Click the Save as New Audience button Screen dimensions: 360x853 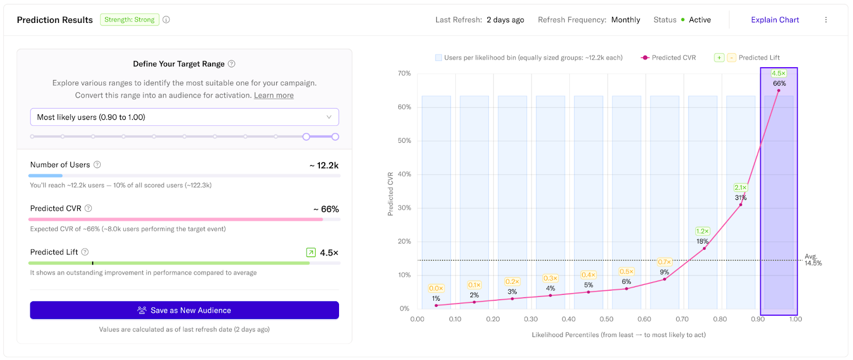tap(184, 310)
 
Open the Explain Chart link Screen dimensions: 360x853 tap(775, 20)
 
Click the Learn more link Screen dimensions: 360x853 tap(273, 95)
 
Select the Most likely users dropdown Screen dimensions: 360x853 tap(184, 117)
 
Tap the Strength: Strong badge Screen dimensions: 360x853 tap(130, 20)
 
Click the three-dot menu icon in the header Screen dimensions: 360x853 tap(826, 20)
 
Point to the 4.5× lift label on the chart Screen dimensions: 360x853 tap(778, 74)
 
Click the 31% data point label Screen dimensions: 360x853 tap(741, 198)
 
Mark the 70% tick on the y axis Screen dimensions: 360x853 tap(404, 74)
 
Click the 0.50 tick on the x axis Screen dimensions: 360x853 tap(606, 319)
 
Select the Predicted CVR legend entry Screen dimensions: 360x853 tap(669, 58)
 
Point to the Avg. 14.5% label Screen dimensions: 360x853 tap(812, 260)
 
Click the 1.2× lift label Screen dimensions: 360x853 tap(702, 231)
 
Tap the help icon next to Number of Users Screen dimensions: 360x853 tap(97, 165)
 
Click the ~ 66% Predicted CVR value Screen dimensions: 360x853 tap(326, 209)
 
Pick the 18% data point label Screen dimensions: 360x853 tap(702, 242)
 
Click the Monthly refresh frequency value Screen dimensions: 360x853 tap(625, 20)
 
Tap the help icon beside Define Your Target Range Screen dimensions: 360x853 tap(231, 64)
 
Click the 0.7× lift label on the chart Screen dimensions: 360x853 tap(664, 262)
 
